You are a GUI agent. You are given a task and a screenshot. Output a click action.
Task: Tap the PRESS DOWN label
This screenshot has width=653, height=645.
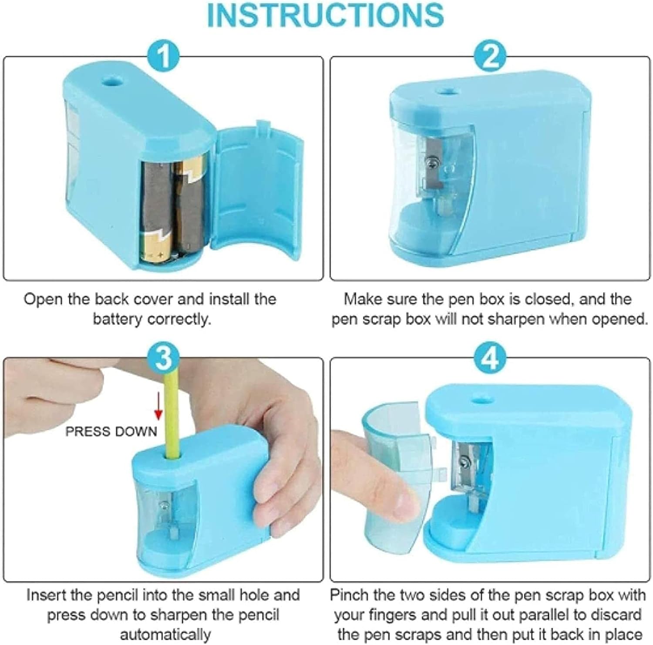(111, 431)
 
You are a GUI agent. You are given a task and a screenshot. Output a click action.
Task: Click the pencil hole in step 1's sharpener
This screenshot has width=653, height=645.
(115, 81)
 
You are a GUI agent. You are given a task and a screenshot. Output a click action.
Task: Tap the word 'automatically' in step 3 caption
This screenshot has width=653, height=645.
(165, 634)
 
